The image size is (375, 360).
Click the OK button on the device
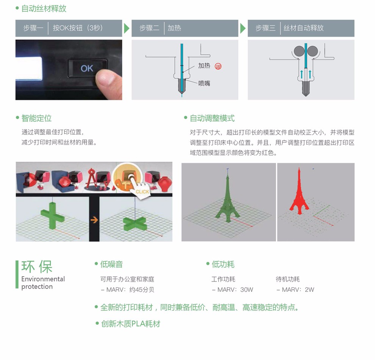tap(87, 69)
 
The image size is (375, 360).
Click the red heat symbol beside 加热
tap(218, 66)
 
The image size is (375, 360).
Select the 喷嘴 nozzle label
tap(204, 83)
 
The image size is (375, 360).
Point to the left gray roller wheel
tap(299, 51)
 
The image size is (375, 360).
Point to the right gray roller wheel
tap(312, 51)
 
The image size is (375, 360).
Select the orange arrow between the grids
tap(94, 220)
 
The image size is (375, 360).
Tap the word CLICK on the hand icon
tap(142, 192)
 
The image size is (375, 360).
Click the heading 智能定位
tap(37, 118)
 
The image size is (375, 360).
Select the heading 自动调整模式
tap(212, 118)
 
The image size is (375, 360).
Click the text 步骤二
tap(149, 28)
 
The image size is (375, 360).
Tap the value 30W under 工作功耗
tap(247, 290)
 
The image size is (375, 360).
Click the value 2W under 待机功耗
tap(309, 290)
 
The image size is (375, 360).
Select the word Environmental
tap(43, 279)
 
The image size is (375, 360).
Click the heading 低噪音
tap(111, 264)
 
